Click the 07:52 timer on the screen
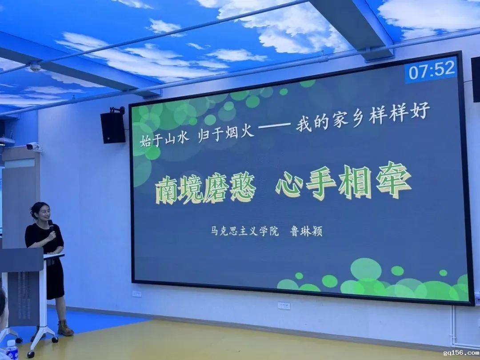(432, 70)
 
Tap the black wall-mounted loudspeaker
(113, 127)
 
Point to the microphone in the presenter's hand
(52, 227)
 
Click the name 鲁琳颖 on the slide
(306, 231)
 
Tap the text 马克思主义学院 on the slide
(245, 231)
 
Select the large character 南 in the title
(167, 192)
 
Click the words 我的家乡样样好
(363, 116)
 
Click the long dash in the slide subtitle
(274, 125)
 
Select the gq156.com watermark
(461, 353)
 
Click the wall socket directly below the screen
(284, 305)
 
